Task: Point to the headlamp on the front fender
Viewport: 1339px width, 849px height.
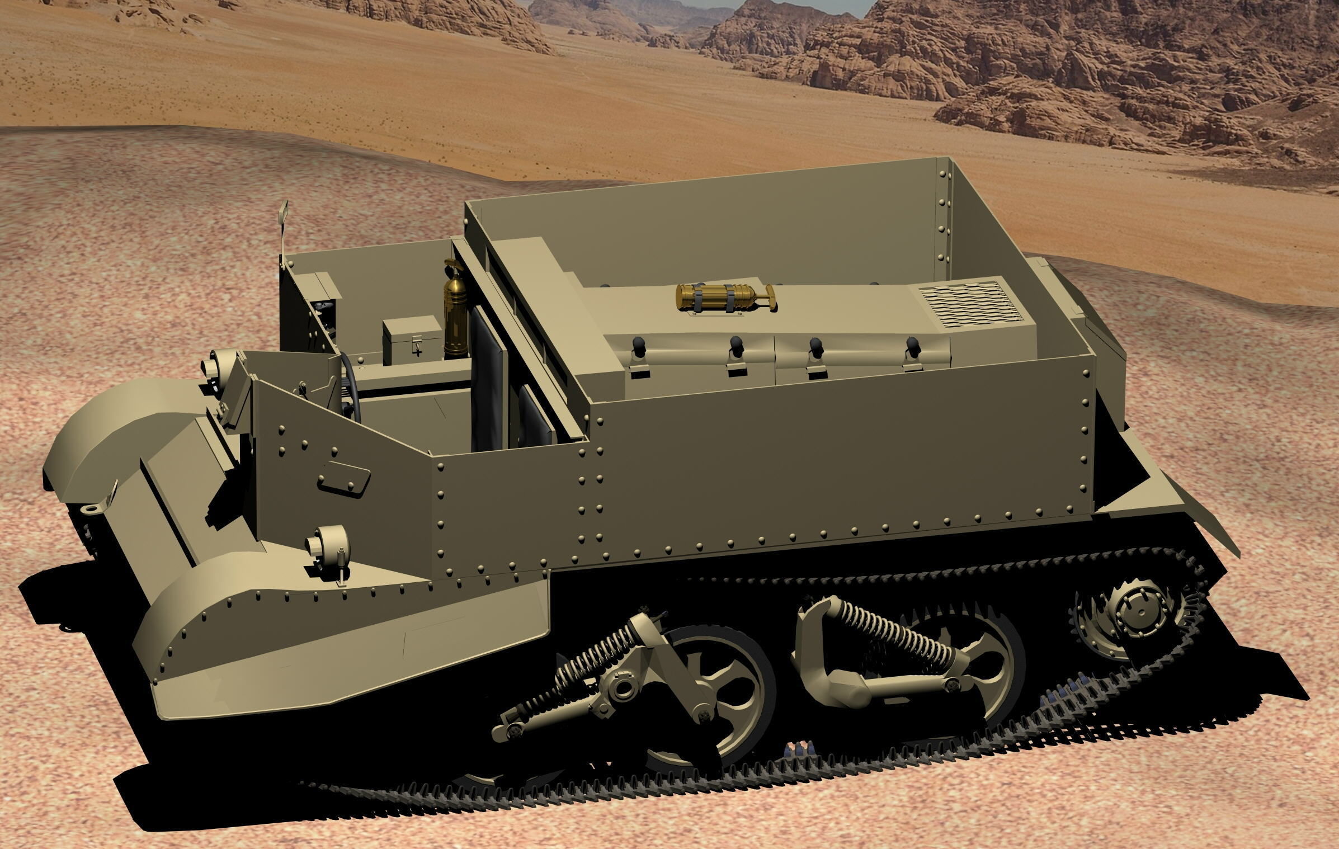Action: (x=327, y=544)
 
